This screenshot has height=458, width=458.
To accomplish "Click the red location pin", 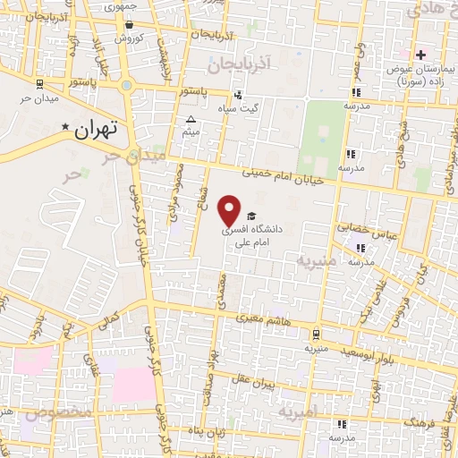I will point(231,210).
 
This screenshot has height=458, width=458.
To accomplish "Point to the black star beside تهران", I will point(64,129).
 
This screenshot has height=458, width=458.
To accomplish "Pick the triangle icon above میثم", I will point(190,119).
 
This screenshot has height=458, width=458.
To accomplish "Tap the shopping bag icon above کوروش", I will point(118,38).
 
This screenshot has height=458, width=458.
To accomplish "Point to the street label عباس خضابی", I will point(367,229).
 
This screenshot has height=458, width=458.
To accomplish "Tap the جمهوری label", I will point(122,5).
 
